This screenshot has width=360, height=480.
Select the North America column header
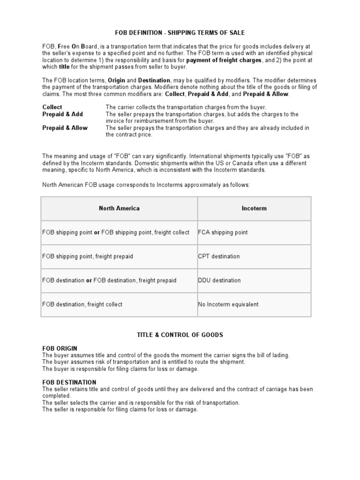(119, 208)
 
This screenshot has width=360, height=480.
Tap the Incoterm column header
(254, 208)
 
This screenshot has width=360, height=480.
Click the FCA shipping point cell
(223, 232)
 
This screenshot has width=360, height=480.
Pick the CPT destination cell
(219, 256)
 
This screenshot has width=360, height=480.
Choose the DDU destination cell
(219, 280)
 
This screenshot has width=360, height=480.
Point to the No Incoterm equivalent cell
(228, 304)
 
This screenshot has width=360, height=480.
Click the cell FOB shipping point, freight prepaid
(88, 256)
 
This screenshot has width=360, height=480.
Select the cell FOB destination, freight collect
(82, 304)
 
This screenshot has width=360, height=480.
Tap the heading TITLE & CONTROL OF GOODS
(180, 335)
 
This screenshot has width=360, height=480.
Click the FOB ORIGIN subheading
(60, 349)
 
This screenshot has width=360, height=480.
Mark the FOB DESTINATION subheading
(69, 382)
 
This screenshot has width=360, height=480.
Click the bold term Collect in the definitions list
(52, 107)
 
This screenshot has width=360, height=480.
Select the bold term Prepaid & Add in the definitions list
(62, 114)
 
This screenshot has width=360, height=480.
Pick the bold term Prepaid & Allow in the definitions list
(65, 127)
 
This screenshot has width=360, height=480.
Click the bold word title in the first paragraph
(65, 67)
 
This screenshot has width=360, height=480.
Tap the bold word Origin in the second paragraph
(117, 80)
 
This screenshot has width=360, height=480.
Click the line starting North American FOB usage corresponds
(146, 185)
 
